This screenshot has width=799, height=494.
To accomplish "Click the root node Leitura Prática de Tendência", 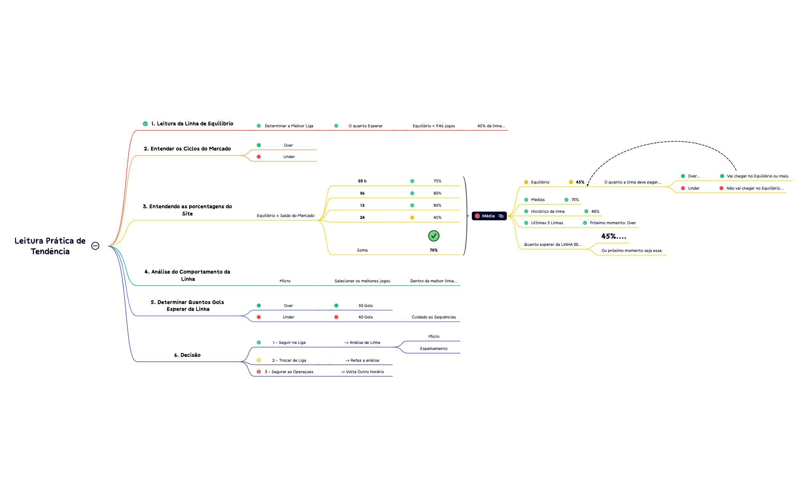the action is coord(50,246).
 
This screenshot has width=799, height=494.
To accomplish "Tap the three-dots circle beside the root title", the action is coord(95,246).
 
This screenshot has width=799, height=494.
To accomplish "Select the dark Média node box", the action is coord(489,216).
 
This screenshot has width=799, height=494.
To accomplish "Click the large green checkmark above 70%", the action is coord(434,236).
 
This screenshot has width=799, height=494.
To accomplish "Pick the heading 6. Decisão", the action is coord(187,355).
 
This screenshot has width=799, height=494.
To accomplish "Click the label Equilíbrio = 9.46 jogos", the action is coord(434,126).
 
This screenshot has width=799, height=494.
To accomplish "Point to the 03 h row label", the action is coord(362,181).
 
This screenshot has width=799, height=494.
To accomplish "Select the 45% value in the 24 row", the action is coord(438,217).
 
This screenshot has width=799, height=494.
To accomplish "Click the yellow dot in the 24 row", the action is coord(412,217).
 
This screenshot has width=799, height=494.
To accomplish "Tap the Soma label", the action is coord(362,250).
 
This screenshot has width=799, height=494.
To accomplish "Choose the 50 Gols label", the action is coord(366,306).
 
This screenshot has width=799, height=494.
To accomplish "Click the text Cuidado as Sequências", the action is coord(434,317).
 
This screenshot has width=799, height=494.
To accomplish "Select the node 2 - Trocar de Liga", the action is coord(289,360).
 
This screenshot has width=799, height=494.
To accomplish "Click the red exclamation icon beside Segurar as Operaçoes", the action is coord(259,372).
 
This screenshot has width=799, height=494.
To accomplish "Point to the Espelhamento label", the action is coord(434,348).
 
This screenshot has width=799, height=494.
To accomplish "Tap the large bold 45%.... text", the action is coord(614,236).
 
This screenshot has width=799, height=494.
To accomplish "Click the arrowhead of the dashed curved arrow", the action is coord(588,185).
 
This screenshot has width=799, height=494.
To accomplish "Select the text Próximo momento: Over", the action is coord(613,223).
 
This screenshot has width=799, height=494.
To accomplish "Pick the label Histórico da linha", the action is coord(548,211).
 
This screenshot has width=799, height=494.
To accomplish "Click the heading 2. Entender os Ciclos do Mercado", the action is coord(187,149).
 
